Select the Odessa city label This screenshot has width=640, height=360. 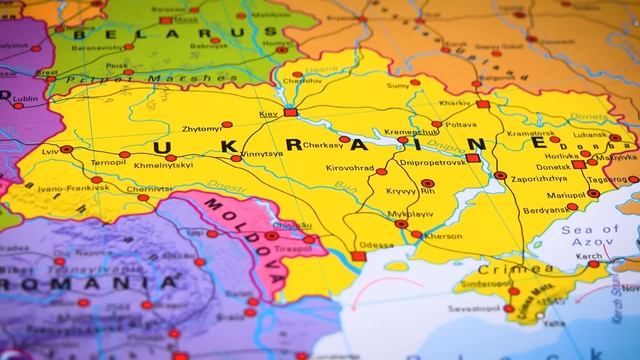coord(376,245)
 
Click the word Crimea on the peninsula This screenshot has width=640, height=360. coord(503,269)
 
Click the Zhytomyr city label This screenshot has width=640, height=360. coord(202,129)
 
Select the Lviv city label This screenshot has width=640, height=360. coord(50,151)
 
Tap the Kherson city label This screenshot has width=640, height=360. coord(443,237)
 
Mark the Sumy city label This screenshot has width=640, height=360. coord(398,87)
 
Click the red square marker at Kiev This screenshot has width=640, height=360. coord(290,113)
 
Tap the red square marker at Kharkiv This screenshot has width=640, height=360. coord(483,103)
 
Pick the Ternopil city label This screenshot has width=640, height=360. coord(109,162)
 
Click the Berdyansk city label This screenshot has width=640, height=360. coord(545,211)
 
